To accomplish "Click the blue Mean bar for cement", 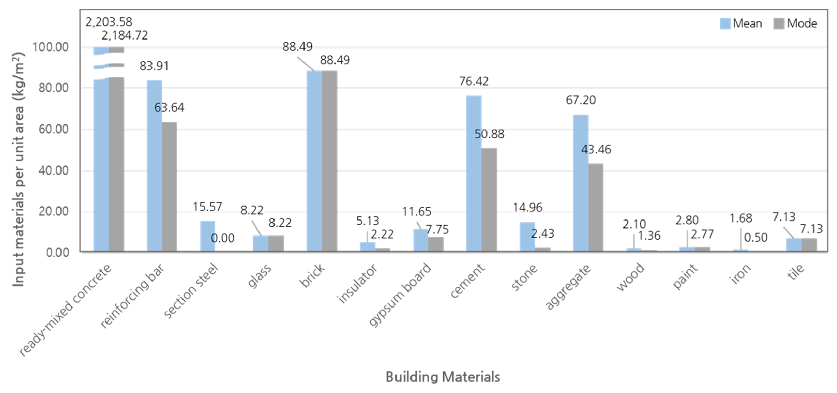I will (x=474, y=174).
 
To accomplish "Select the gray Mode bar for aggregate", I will (x=596, y=208).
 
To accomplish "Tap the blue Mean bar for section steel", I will (x=207, y=236).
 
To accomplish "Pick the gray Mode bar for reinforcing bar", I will (x=169, y=187).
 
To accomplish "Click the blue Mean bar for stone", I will (x=527, y=237).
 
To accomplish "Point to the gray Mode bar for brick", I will (x=330, y=161).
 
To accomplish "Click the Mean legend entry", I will (x=741, y=23).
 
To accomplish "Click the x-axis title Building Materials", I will (x=443, y=377).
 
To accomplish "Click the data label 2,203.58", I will (x=109, y=22).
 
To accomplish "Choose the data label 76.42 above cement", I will (x=474, y=81).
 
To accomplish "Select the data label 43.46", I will (x=596, y=149).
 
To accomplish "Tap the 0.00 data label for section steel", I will (x=223, y=238).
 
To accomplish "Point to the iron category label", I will (x=741, y=274).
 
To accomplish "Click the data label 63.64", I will (x=169, y=107).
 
